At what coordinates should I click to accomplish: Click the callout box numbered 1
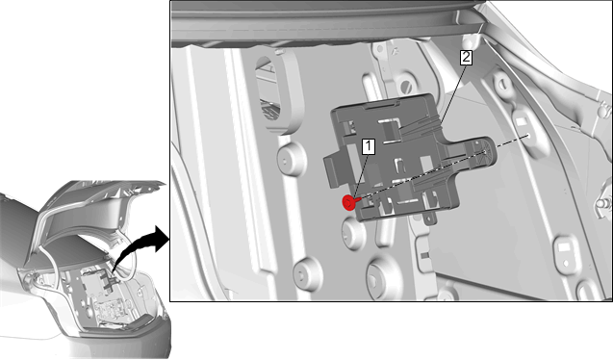(369, 146)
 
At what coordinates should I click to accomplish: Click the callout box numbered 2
(466, 58)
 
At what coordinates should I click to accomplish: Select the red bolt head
(348, 202)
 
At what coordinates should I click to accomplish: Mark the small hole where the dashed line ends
(527, 136)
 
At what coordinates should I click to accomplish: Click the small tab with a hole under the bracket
(429, 218)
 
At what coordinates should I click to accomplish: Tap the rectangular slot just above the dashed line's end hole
(521, 121)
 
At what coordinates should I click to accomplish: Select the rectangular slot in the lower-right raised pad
(565, 247)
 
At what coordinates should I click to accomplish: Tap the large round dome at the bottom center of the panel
(385, 278)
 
